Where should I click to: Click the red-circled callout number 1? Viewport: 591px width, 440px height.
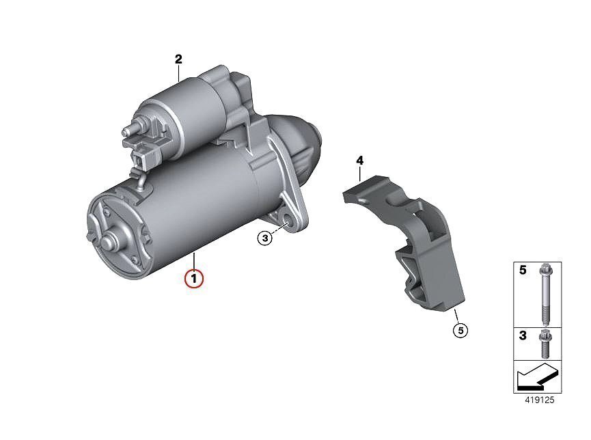(x=194, y=279)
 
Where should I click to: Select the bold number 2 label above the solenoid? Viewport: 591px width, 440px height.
(x=178, y=59)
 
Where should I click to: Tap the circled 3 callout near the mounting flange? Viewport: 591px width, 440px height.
(x=265, y=238)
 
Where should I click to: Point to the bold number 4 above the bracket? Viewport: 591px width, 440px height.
(x=360, y=161)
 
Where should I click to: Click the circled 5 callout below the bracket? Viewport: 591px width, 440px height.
(x=461, y=330)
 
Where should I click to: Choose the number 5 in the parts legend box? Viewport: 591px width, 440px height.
(x=523, y=270)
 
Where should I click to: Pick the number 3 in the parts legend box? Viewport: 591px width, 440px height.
(x=523, y=335)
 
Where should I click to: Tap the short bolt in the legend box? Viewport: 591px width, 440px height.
(x=545, y=344)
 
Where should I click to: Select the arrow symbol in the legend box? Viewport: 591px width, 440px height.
(x=538, y=376)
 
